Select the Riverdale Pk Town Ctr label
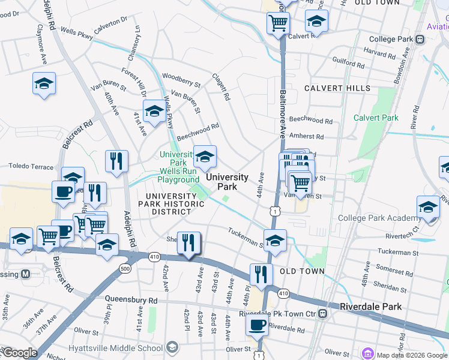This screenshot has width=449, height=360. click(277, 314)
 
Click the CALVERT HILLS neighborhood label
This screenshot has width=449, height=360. click(337, 88)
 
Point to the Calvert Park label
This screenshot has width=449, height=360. click(376, 118)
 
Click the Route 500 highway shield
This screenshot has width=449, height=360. click(125, 268)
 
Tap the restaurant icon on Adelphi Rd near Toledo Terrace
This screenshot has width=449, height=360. click(116, 161)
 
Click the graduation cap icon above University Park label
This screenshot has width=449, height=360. click(205, 157)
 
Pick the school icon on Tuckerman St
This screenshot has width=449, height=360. click(275, 241)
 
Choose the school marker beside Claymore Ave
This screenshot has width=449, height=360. click(44, 83)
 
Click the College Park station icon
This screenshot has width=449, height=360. click(420, 40)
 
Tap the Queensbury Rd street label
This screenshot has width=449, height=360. click(131, 299)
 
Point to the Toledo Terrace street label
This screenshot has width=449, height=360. click(29, 166)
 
